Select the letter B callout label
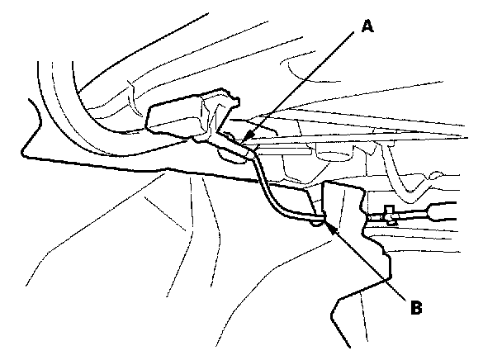[x=418, y=307]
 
